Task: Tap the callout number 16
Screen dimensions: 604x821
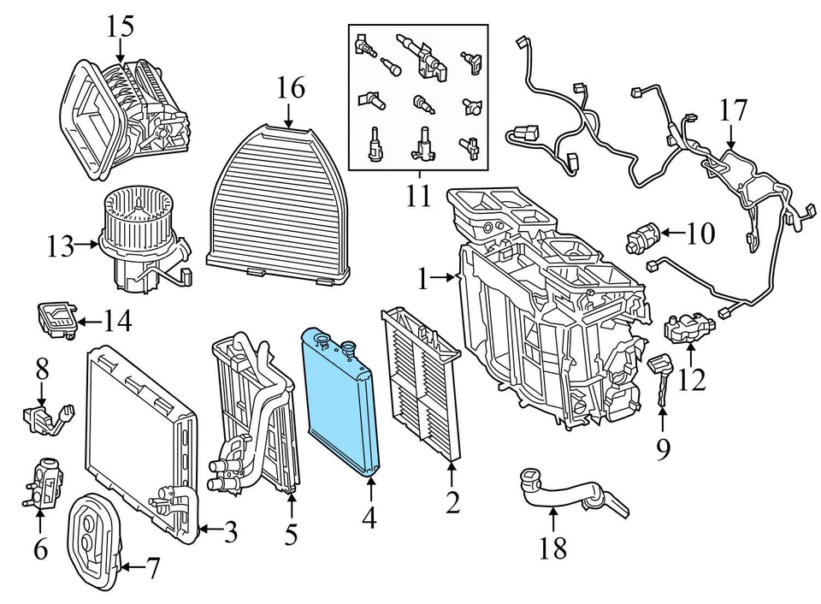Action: point(290,88)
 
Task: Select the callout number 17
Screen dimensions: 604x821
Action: point(733,111)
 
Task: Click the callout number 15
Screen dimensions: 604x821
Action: point(121,26)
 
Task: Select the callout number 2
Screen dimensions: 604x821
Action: point(452,502)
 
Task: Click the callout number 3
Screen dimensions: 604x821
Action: point(230,533)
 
